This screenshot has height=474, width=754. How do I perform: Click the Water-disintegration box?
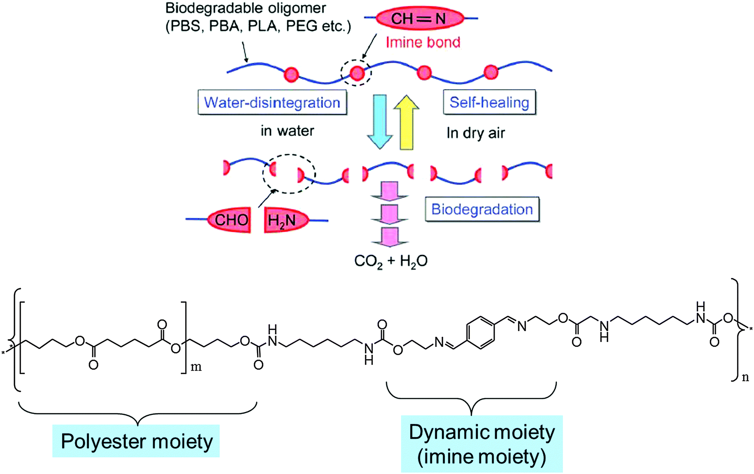(x=272, y=102)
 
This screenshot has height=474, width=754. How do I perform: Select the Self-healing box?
(x=489, y=102)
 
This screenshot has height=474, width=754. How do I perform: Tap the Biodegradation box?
(x=482, y=209)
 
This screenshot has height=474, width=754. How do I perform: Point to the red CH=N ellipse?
(x=420, y=18)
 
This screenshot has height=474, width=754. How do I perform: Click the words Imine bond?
(x=423, y=42)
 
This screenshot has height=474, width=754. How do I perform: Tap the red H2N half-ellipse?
(x=285, y=220)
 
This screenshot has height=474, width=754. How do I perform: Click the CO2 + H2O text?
(x=390, y=261)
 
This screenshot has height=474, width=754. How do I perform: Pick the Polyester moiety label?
(x=136, y=441)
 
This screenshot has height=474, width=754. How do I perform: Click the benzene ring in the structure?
(x=480, y=333)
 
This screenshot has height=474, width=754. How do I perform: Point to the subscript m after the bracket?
(x=196, y=367)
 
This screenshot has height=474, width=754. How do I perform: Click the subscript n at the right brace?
(x=745, y=377)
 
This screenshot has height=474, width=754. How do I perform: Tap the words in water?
(x=287, y=131)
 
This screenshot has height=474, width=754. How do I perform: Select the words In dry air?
(x=476, y=133)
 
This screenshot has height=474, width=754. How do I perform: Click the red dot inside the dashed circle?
(x=357, y=73)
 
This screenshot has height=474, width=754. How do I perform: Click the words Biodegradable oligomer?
(x=246, y=8)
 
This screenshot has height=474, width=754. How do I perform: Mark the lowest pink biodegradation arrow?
(x=390, y=237)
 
